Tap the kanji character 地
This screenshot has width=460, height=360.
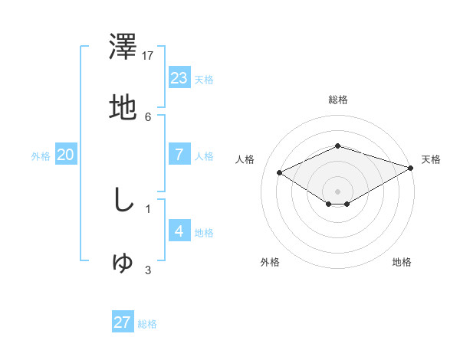coord(123,107)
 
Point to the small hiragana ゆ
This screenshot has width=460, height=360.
coord(123,262)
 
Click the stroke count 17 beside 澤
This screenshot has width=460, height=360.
coord(148,56)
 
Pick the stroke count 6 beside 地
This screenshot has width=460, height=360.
coord(148,116)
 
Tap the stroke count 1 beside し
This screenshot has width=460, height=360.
coord(148,208)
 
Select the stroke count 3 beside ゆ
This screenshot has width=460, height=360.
coord(148,270)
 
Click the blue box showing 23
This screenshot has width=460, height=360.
coord(179,77)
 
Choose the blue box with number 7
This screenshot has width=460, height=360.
coord(179,154)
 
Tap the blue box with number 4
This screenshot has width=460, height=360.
coord(179,231)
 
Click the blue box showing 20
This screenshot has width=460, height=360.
coord(65,154)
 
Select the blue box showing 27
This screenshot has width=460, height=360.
coord(122,322)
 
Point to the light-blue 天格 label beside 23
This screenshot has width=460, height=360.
coord(204,80)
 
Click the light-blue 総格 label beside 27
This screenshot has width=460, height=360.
coord(147,324)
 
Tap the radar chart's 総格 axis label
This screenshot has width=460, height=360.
coord(337,100)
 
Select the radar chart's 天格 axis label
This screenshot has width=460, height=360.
coord(431,159)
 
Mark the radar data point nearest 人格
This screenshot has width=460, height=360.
coord(280,173)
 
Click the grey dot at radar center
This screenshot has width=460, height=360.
coord(337,191)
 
